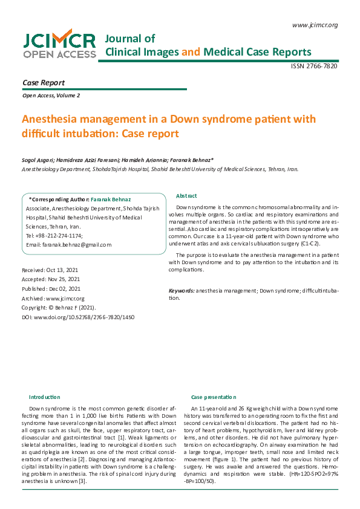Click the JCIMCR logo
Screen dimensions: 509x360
coord(59,45)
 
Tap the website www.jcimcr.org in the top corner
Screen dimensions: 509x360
coord(314,25)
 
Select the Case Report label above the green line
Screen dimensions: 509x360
coord(44,82)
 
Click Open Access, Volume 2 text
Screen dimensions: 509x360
coord(51,96)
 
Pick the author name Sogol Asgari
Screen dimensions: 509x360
coord(36,160)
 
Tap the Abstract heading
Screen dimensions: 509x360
coord(186,196)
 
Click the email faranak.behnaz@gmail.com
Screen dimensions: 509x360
coord(77,245)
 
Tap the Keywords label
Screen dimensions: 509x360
coord(182,291)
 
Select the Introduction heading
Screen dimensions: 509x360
coord(45,397)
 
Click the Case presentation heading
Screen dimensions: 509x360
coord(214,397)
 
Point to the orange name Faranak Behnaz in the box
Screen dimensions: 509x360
coord(111,199)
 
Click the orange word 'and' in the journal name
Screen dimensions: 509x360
coord(191,52)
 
